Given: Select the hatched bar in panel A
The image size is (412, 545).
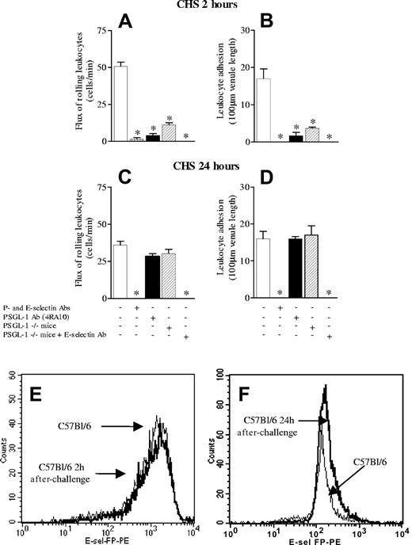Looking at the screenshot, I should pos(168,132).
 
